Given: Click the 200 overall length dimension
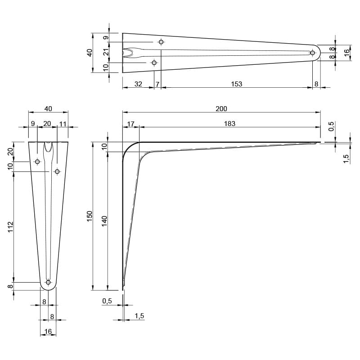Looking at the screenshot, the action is click(221, 108).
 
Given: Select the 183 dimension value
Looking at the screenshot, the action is click(229, 124).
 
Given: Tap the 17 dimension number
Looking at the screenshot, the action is click(130, 124).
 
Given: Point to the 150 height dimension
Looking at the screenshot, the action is click(90, 216).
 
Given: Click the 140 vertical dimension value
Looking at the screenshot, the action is click(104, 221).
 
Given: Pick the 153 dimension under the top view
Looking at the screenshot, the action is click(237, 84).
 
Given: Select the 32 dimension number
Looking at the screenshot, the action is click(138, 84).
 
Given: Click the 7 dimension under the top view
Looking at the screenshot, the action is click(157, 84).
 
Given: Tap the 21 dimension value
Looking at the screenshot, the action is click(106, 52).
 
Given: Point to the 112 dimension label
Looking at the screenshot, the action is click(11, 227).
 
